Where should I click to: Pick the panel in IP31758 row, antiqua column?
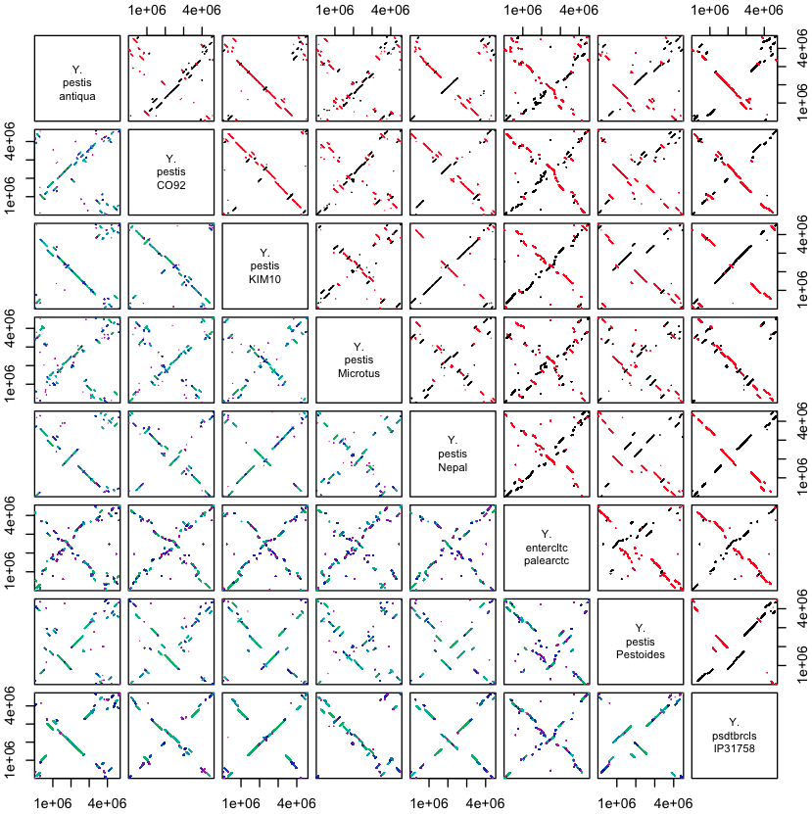(x=76, y=736)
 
